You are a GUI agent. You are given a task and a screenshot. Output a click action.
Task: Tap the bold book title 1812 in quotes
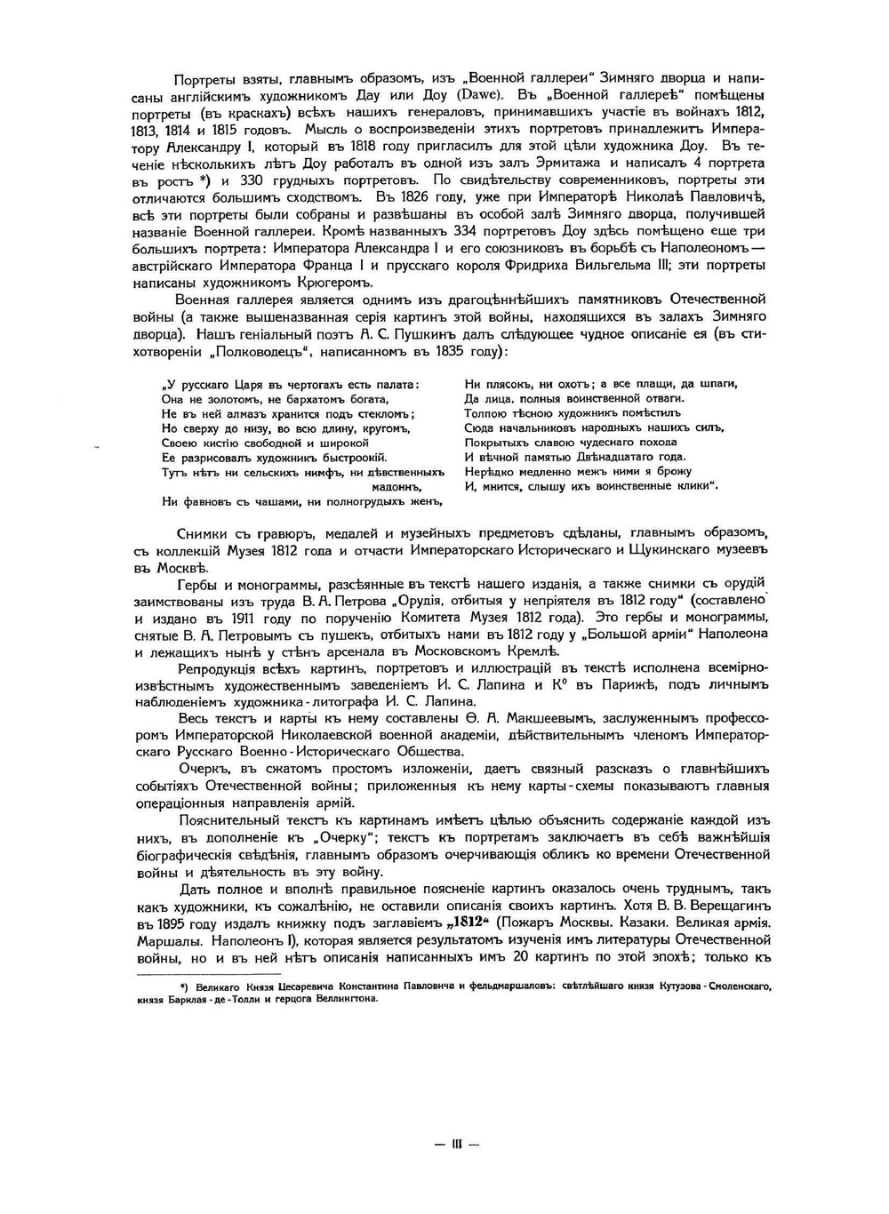pos(470,923)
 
